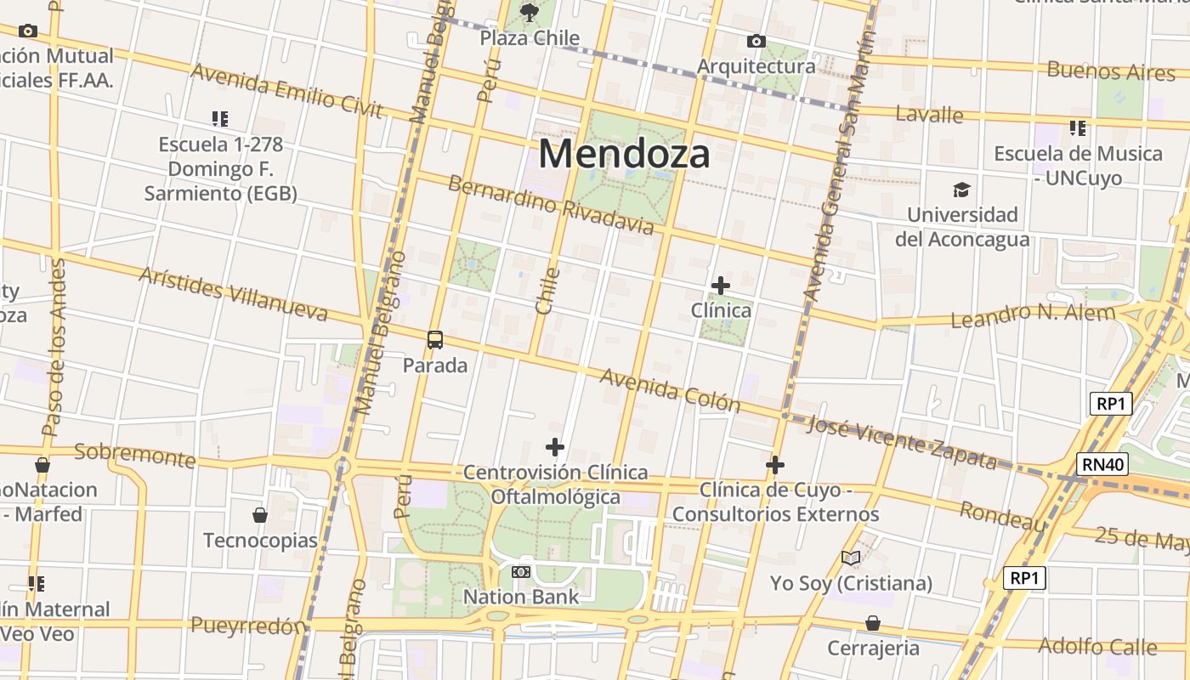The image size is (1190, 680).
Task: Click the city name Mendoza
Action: tap(624, 155)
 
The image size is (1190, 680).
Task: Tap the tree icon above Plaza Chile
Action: tap(530, 12)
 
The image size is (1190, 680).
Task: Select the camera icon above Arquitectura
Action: tap(756, 41)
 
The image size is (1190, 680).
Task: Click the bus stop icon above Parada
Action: tap(435, 340)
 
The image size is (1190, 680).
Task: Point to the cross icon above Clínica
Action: tap(721, 286)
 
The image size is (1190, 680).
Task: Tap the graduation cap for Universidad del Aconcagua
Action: tap(961, 190)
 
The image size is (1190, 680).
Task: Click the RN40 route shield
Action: tap(1102, 464)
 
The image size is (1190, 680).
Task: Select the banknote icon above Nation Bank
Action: tap(521, 572)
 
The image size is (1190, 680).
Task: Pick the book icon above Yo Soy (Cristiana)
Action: tap(851, 558)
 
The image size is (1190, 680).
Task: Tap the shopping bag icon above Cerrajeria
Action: tap(873, 624)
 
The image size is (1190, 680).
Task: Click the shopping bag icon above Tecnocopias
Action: tap(260, 515)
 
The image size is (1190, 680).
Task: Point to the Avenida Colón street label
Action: tap(670, 390)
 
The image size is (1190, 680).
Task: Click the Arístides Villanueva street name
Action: tap(232, 294)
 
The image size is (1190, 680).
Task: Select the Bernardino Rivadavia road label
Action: tap(551, 205)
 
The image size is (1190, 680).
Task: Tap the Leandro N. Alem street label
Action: tap(1033, 316)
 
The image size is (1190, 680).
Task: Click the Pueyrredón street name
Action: tap(248, 626)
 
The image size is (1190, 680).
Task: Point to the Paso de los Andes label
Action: tap(54, 348)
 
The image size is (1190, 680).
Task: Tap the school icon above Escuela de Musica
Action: tap(1078, 128)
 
